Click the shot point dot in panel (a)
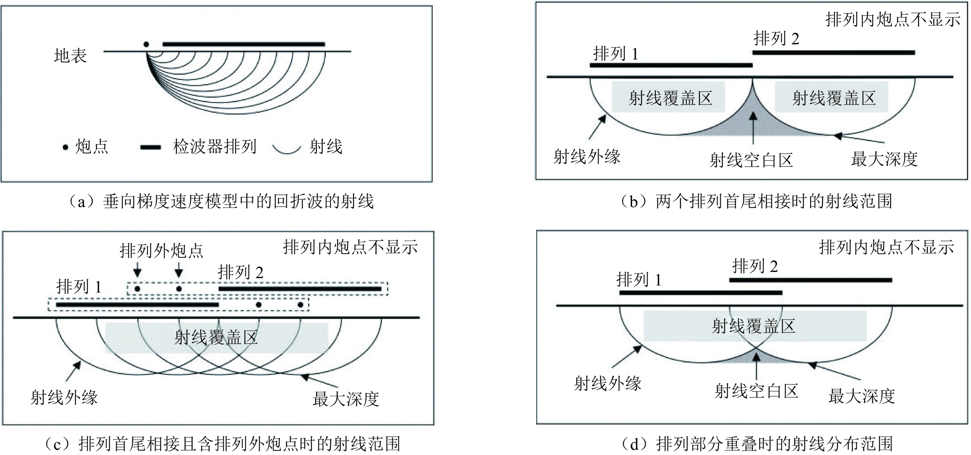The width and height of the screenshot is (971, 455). (146, 45)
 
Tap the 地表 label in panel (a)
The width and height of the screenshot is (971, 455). (70, 56)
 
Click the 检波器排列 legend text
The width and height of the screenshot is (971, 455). (214, 147)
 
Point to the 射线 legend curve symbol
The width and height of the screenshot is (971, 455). (287, 149)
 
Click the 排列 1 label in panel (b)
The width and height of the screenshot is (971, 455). (615, 54)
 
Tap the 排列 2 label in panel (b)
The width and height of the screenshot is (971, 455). (776, 39)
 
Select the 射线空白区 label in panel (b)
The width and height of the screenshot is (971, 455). (751, 160)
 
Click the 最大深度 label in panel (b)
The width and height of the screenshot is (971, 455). (884, 159)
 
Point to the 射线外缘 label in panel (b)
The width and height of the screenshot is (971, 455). (587, 156)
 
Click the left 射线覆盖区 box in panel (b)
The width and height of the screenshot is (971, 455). (668, 98)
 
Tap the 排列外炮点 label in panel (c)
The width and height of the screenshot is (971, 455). (162, 251)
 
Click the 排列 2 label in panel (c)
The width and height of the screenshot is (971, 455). (241, 272)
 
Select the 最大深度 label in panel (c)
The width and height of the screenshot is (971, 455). (346, 399)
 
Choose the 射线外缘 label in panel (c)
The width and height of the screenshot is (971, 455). (64, 397)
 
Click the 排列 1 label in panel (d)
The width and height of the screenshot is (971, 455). (639, 280)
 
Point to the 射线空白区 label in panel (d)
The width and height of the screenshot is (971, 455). (756, 391)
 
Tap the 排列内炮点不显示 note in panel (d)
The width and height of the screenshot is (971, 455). (886, 248)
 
